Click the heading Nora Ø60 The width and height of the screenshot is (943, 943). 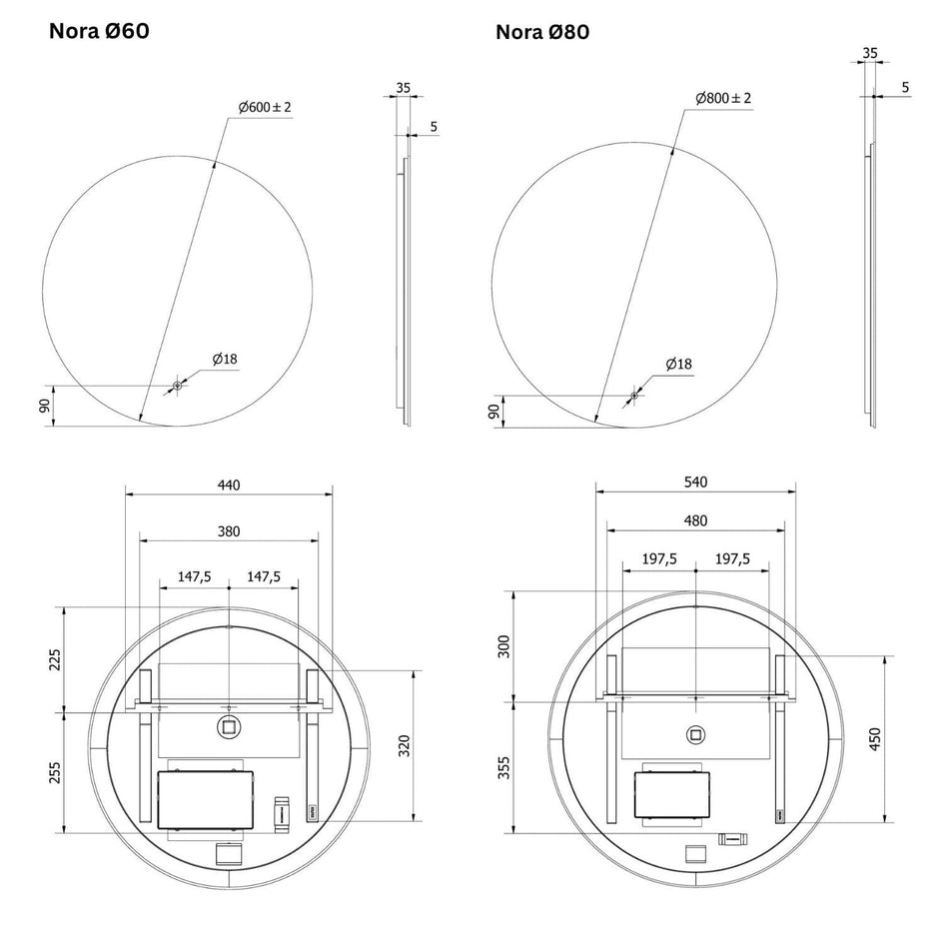coord(99,31)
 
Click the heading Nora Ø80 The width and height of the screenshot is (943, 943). coord(542,32)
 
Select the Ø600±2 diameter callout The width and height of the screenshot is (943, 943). coord(265,107)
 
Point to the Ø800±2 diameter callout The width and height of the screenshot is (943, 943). coord(723,98)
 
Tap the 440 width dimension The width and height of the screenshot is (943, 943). coord(229,484)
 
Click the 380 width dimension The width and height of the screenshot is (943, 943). coord(229,531)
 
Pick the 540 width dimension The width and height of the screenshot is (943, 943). coord(696,481)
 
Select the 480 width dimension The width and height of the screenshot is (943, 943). coord(696,520)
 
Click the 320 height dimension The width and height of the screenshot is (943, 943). coord(405,746)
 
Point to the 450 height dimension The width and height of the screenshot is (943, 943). coord(875,738)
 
